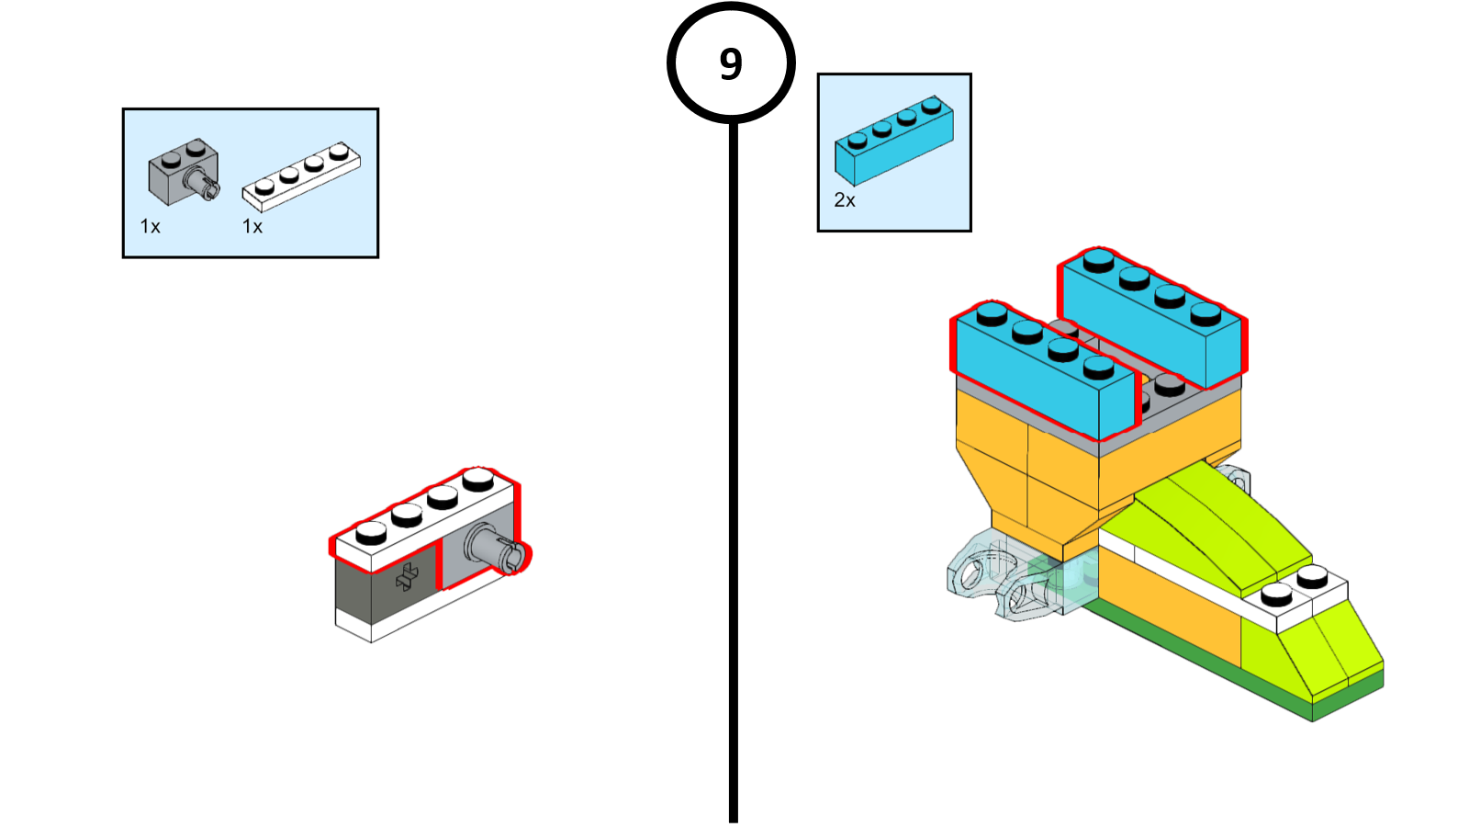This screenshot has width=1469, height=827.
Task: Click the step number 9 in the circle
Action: pyautogui.click(x=731, y=63)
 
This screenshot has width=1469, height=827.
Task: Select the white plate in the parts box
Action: pyautogui.click(x=301, y=176)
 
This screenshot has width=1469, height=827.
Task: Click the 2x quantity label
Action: pyautogui.click(x=844, y=200)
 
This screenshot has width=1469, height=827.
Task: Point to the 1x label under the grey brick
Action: pyautogui.click(x=150, y=226)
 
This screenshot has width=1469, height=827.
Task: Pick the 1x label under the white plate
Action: pyautogui.click(x=252, y=226)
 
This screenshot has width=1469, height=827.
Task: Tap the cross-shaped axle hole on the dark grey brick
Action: pyautogui.click(x=407, y=577)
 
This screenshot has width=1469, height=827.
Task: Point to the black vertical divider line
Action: pyautogui.click(x=733, y=459)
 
